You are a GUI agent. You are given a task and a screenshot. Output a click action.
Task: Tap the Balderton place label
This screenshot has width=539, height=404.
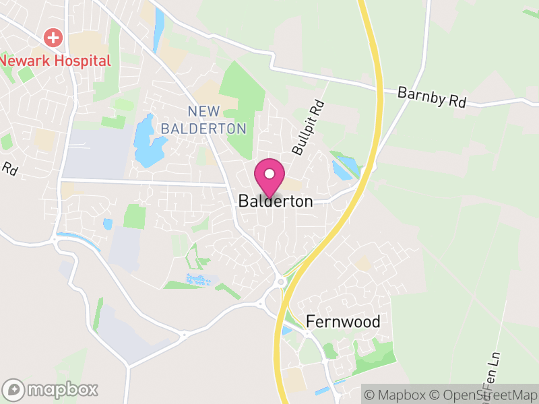(x=276, y=201)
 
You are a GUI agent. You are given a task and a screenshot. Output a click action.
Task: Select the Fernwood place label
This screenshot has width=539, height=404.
(x=343, y=321)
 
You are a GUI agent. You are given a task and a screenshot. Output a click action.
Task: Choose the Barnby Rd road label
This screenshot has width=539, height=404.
(x=432, y=97)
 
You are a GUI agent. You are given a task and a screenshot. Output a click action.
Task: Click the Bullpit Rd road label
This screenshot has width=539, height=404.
(x=309, y=126)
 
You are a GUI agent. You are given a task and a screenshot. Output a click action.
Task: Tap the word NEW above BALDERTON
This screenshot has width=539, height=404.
(x=205, y=110)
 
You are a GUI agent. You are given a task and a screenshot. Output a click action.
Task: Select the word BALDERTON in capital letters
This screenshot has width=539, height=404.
(x=203, y=128)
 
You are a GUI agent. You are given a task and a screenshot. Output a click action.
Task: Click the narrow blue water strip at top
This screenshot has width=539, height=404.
(x=159, y=30)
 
